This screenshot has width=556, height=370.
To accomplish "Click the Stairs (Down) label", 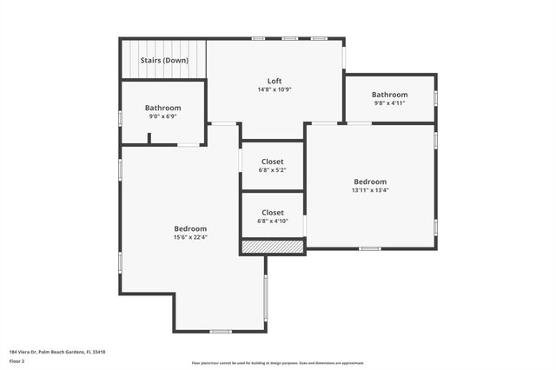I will tap(164, 61).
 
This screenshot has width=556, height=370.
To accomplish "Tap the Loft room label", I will tap(275, 81).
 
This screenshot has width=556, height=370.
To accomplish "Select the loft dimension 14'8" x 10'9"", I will tap(275, 89).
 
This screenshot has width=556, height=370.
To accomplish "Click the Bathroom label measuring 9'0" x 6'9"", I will tap(162, 108).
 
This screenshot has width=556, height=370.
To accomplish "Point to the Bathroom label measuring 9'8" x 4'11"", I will tap(389, 95).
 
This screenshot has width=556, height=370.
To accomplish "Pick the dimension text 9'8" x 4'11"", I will tap(389, 103).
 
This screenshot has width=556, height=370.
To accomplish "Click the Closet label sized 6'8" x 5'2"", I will tap(272, 162).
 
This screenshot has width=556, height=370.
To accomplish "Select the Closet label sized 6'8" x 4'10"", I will tap(272, 212).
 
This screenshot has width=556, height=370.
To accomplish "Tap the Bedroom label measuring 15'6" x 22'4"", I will tap(189, 228).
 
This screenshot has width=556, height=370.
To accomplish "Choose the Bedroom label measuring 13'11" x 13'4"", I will tap(370, 182).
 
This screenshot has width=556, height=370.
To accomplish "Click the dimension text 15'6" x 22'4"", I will tap(189, 237).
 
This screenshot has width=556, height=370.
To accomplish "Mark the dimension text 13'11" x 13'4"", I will tap(370, 190).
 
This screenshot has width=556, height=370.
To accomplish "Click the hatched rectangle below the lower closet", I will tap(272, 248).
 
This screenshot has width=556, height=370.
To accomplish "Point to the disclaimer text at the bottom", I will tap(278, 363).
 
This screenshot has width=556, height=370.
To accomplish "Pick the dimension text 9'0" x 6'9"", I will tap(162, 116).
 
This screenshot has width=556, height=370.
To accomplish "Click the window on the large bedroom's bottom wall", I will tap(220, 331).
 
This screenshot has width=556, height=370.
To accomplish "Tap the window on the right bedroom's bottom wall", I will tap(369, 249).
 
